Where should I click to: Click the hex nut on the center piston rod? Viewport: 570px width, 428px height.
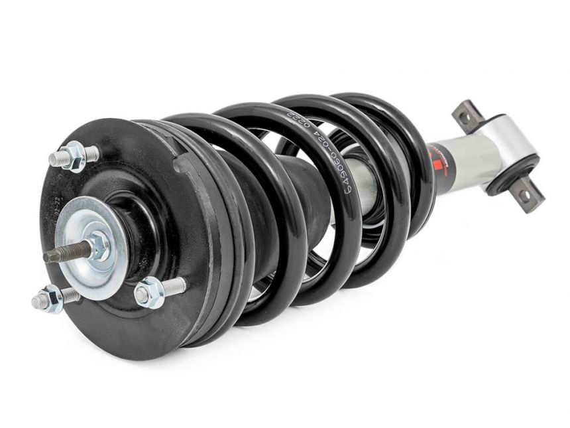[99, 246]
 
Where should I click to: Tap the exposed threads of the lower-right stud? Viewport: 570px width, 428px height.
[173, 287]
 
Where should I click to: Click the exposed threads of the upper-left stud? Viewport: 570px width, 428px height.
[58, 159]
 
